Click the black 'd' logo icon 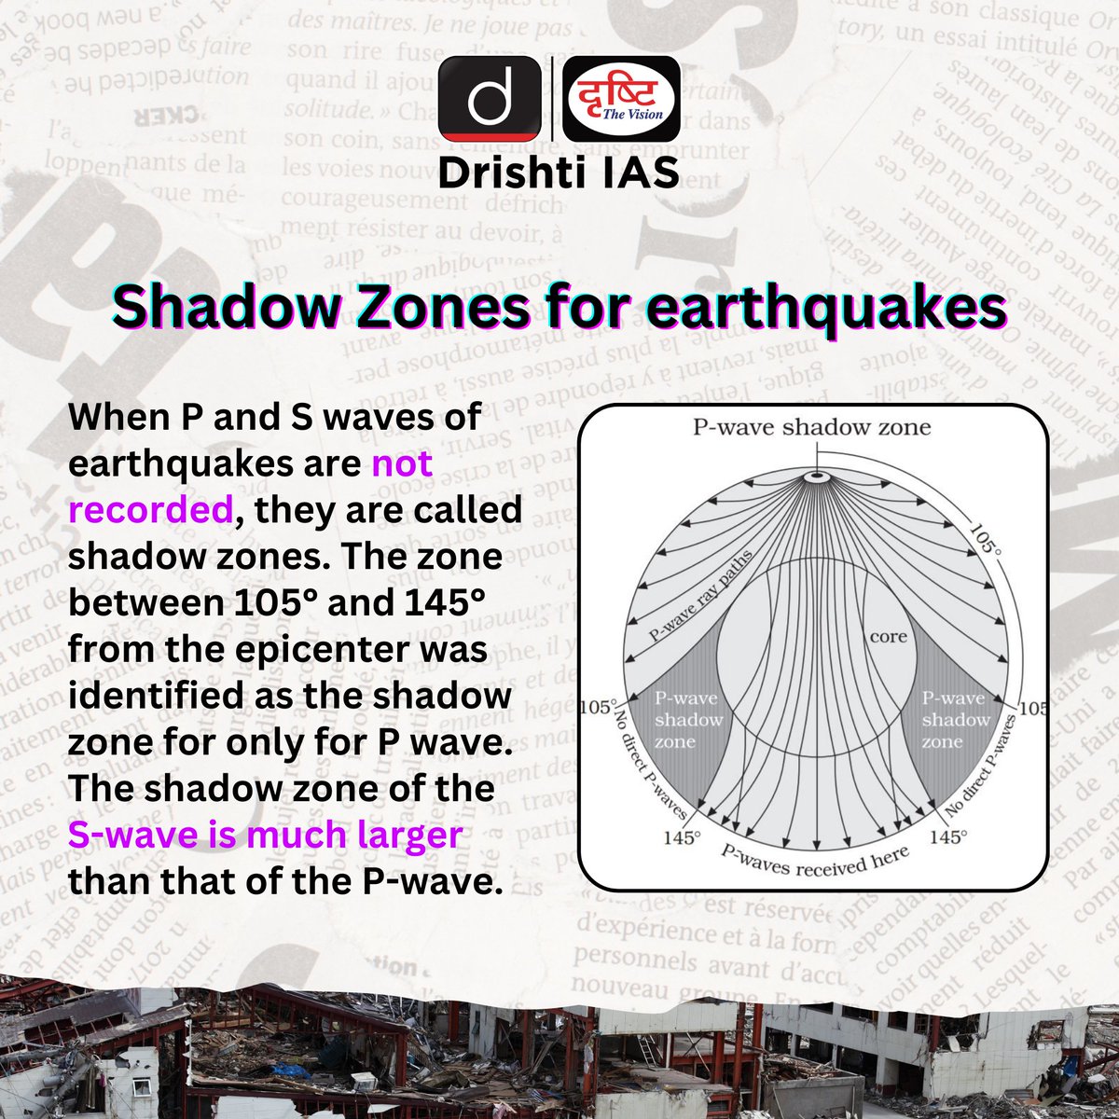[490, 98]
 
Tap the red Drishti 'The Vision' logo [621, 98]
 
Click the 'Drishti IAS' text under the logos [559, 173]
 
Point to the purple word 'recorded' [150, 509]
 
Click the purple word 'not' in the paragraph [402, 463]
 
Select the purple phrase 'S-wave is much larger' [265, 835]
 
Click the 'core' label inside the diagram [888, 638]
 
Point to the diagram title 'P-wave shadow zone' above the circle [811, 428]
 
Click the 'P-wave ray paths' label [700, 598]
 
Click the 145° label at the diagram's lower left [681, 837]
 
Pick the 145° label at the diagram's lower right [946, 837]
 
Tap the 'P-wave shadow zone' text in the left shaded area [688, 720]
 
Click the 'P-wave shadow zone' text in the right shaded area [955, 720]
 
